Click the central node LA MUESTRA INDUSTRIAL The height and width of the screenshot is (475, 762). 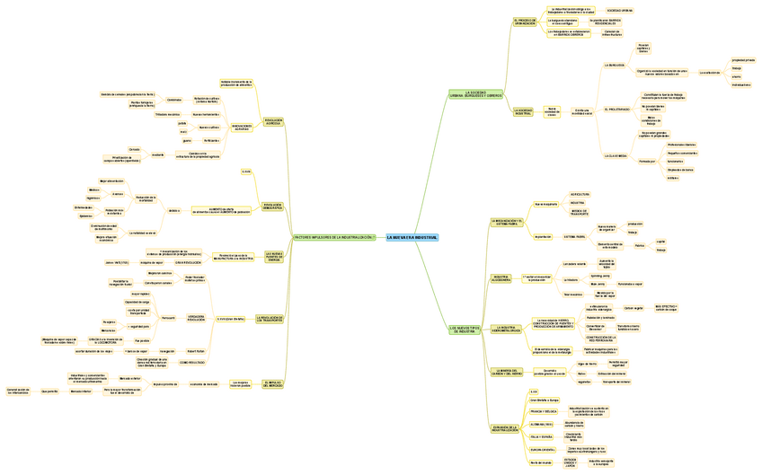[x=412, y=237]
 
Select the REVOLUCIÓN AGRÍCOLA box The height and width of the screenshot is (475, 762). [x=273, y=121]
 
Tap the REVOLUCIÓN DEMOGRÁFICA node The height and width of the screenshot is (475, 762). [x=273, y=207]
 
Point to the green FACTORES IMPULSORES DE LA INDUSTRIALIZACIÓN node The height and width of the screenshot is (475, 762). [x=333, y=237]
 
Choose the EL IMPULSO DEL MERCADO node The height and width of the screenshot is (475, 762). [x=273, y=384]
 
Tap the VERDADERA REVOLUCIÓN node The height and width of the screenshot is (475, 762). [x=201, y=318]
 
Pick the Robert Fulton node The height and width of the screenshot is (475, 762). [x=196, y=350]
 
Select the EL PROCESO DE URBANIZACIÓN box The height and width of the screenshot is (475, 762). [x=525, y=22]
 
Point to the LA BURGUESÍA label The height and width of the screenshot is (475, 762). [x=616, y=66]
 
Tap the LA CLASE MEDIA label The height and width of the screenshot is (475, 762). [x=616, y=155]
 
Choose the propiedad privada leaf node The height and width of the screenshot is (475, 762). [x=743, y=60]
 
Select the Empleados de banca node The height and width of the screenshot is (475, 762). [x=680, y=169]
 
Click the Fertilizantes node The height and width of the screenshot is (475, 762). [x=211, y=140]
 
